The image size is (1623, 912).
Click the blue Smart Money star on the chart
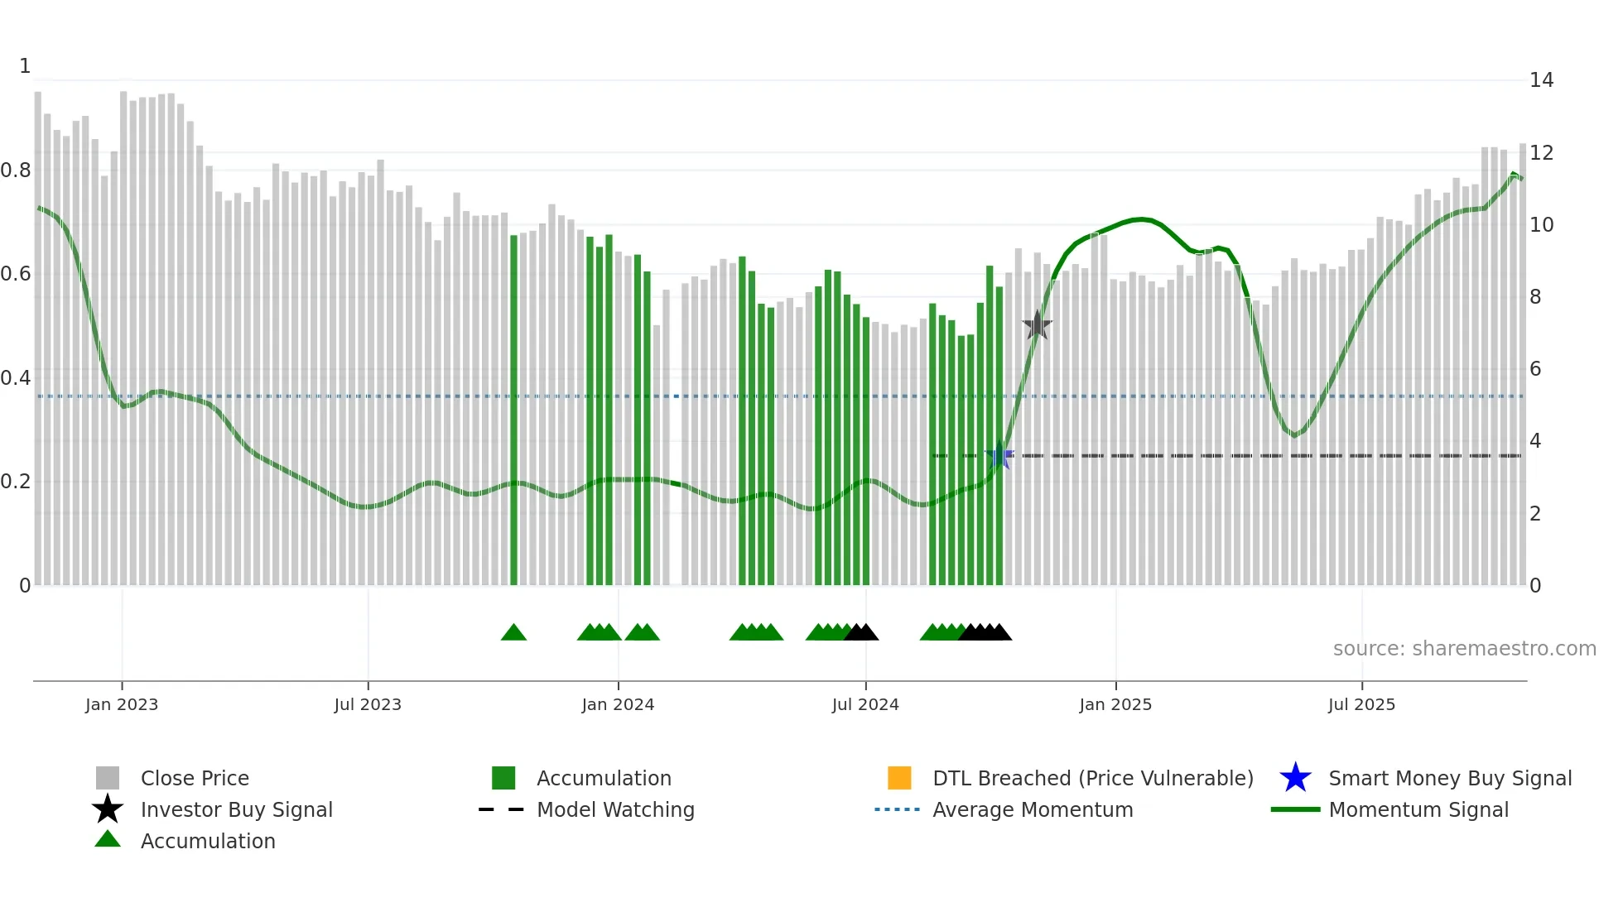click(x=999, y=456)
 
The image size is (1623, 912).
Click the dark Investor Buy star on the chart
click(x=1037, y=326)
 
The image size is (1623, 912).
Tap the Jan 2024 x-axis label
click(x=618, y=704)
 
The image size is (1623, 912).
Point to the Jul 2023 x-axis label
click(x=368, y=704)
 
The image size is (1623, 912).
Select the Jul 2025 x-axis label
click(x=1361, y=704)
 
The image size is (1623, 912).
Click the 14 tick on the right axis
click(x=1541, y=80)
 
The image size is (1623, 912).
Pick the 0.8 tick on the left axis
click(x=16, y=170)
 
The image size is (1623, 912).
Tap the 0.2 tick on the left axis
click(x=16, y=482)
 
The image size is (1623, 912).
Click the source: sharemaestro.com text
click(x=1464, y=649)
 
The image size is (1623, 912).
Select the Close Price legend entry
click(x=195, y=778)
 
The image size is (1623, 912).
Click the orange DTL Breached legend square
click(x=899, y=778)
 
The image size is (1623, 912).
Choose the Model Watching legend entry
click(x=614, y=809)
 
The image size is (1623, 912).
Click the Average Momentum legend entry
click(x=1032, y=809)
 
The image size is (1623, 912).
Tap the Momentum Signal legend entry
click(x=1418, y=809)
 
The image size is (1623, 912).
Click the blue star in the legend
click(x=1295, y=778)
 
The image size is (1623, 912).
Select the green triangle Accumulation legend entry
click(x=207, y=841)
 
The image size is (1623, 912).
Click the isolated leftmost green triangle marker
click(x=513, y=633)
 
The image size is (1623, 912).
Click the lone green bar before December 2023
click(x=513, y=410)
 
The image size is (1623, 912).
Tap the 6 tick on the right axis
click(x=1535, y=369)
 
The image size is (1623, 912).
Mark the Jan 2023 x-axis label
click(x=122, y=704)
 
